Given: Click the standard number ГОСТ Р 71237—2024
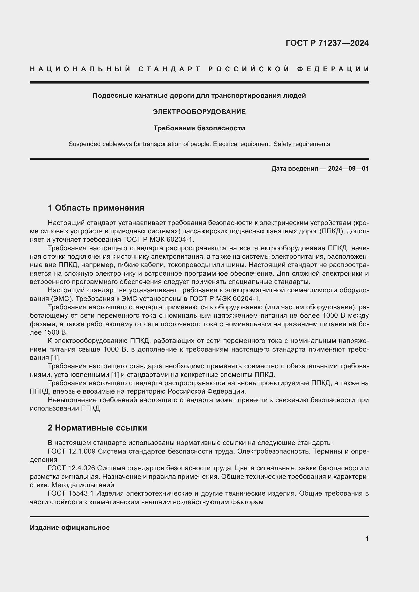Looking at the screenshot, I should [327, 43].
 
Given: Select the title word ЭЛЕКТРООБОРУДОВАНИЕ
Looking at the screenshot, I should [199, 112].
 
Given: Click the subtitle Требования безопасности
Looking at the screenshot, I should [199, 128].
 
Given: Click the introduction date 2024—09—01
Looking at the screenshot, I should [348, 169].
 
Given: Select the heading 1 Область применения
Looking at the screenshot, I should [96, 208].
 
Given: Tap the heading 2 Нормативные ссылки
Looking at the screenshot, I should [97, 428].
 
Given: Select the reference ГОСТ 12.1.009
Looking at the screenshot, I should [72, 452].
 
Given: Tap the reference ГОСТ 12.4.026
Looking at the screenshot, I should [71, 468].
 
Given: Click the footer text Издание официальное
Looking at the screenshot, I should [70, 527].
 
